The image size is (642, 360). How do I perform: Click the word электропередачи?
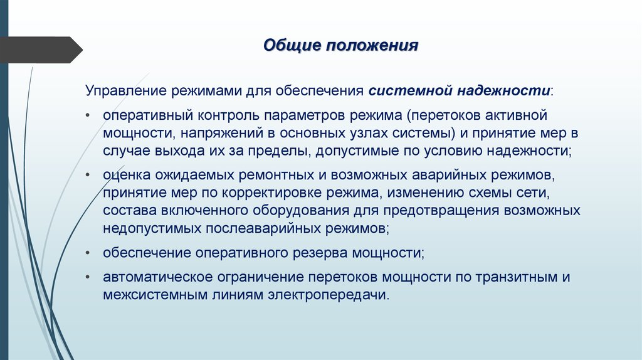tap(336, 295)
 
